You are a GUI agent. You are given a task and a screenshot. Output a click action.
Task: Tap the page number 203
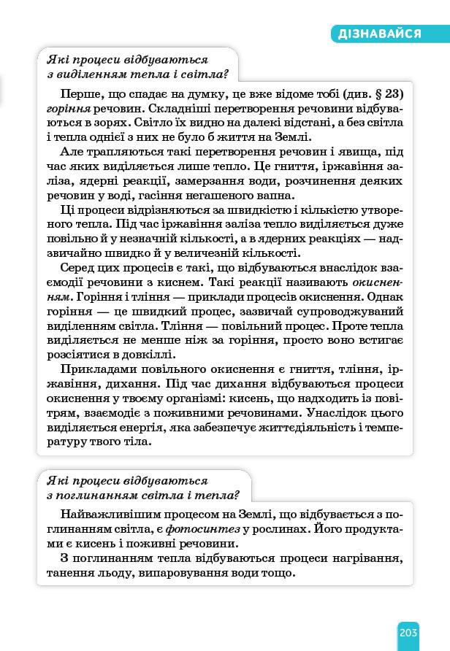[408, 631]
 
